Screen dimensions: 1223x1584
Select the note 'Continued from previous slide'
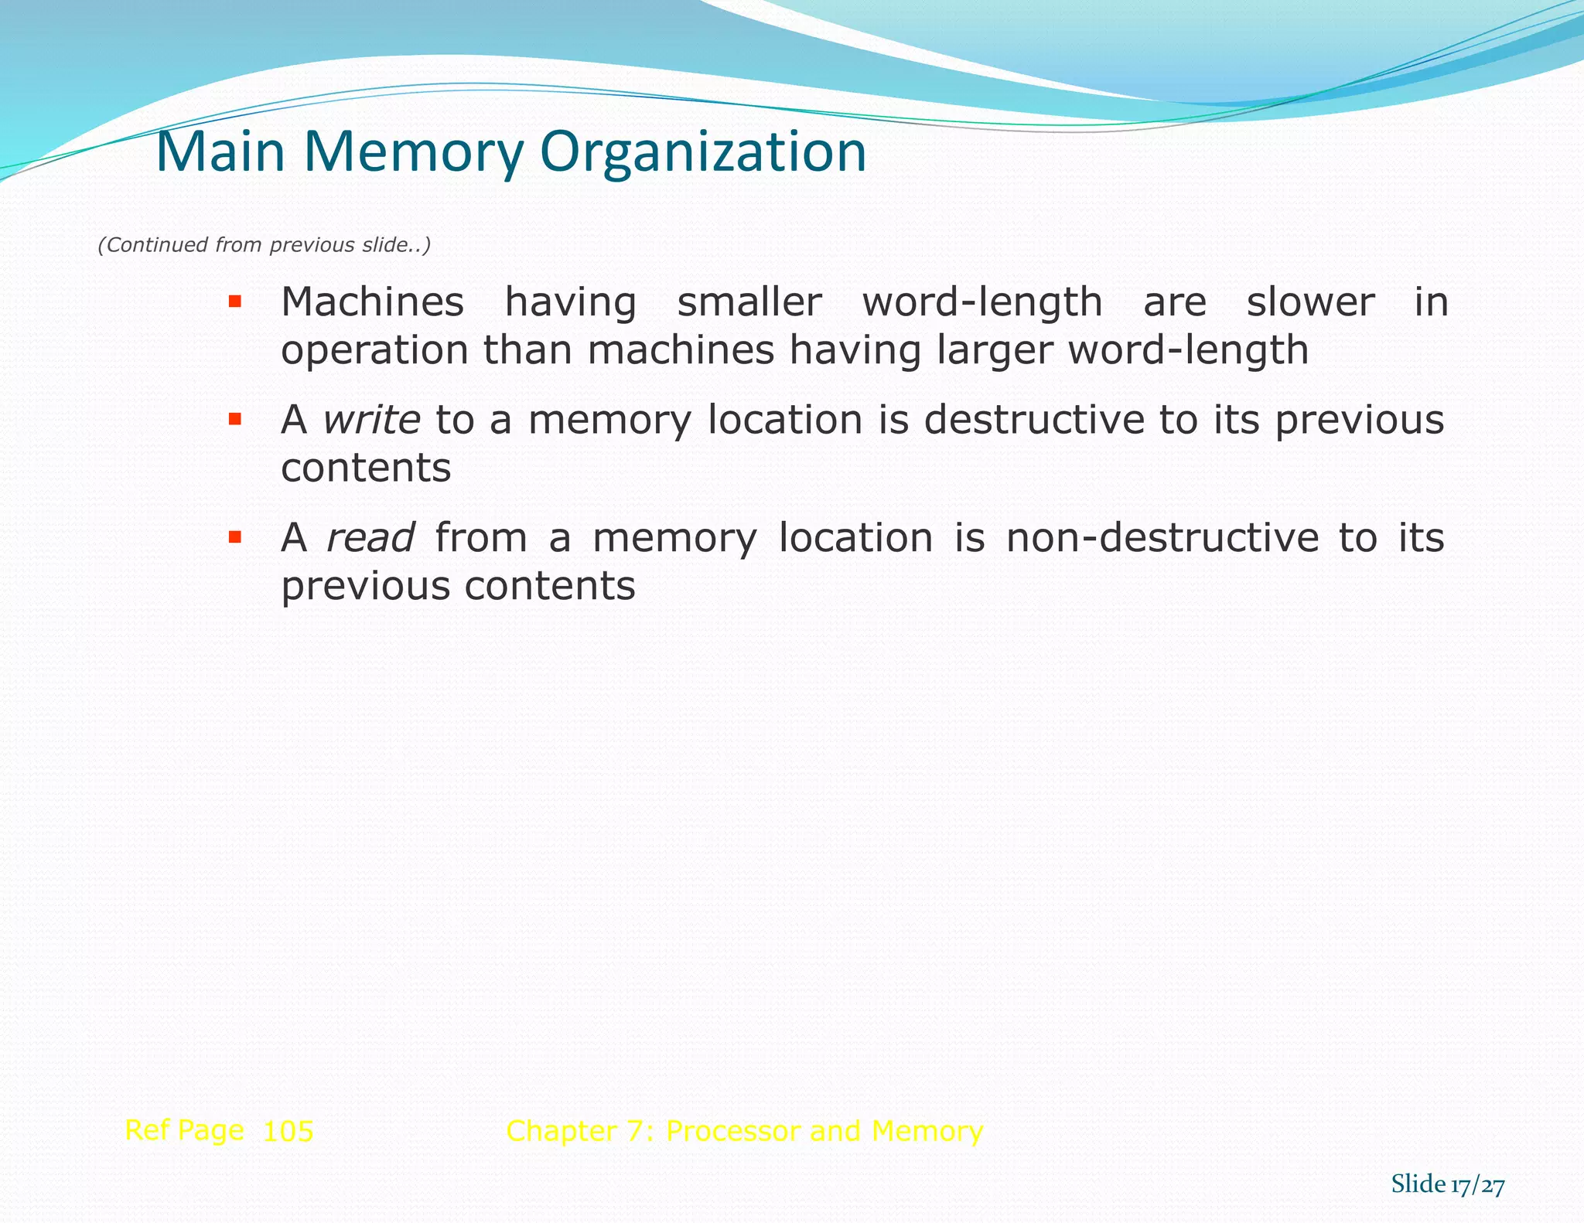[x=264, y=245]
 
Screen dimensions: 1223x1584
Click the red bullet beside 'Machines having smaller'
[x=235, y=301]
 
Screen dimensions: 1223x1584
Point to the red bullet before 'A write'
[x=235, y=419]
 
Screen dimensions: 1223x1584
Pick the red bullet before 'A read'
[x=235, y=537]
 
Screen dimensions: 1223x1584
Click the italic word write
[x=371, y=420]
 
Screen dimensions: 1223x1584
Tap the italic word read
[x=370, y=537]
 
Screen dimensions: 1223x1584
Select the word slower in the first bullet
[x=1310, y=301]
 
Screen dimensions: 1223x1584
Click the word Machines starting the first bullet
[x=372, y=301]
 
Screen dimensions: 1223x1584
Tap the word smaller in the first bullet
[x=749, y=301]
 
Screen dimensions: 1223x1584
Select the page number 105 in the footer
[x=288, y=1132]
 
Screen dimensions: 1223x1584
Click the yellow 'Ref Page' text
[x=184, y=1130]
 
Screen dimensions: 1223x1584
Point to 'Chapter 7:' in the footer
[x=579, y=1131]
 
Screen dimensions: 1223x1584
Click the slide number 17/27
[x=1477, y=1185]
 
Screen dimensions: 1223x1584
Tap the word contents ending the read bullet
[x=550, y=586]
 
